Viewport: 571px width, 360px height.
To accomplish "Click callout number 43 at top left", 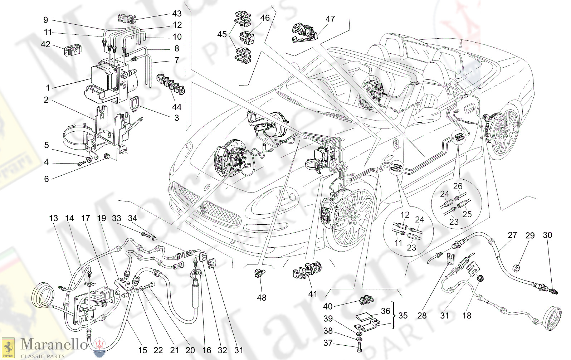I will [177, 14].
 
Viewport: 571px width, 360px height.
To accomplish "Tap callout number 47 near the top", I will [330, 19].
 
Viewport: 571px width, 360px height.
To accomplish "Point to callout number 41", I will [313, 294].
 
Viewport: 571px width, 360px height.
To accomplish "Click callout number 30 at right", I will [547, 235].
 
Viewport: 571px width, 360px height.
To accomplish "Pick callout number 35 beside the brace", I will [403, 316].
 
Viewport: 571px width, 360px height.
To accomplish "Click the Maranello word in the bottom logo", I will [54, 345].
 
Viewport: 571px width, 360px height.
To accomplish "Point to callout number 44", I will [177, 107].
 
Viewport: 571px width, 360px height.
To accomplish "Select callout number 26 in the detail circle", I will [458, 186].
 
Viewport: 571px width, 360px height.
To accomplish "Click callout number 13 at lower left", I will [53, 218].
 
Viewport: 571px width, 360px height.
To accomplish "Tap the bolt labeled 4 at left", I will [81, 164].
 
